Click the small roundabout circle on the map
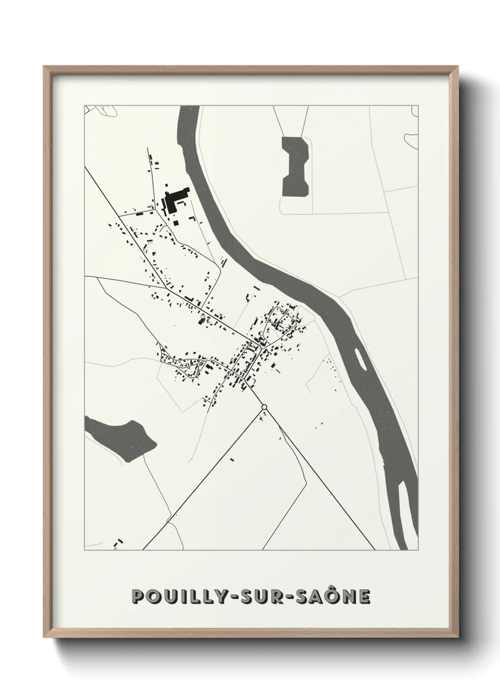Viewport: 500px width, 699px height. coord(264,407)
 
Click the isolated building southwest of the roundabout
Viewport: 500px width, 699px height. coord(233,459)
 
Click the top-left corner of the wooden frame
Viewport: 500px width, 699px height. coord(44,67)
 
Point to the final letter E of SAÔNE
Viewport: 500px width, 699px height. coord(364,597)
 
